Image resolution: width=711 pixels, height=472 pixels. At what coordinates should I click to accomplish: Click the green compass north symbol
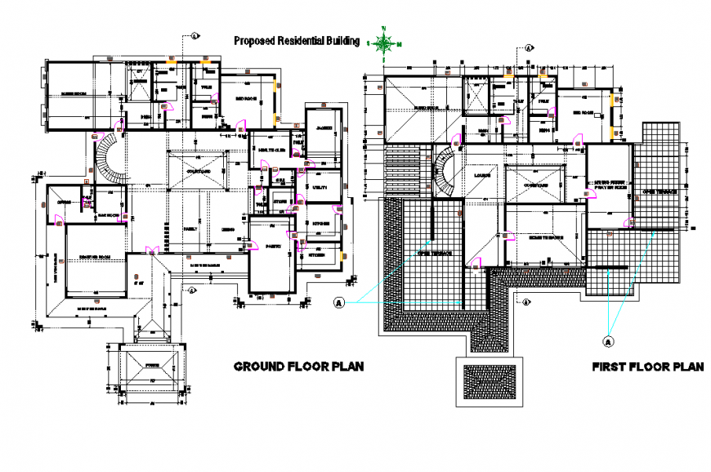click(384, 43)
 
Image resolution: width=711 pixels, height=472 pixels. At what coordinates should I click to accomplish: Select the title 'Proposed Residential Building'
click(297, 41)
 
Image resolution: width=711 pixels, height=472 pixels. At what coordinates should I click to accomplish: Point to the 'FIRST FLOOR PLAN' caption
click(647, 367)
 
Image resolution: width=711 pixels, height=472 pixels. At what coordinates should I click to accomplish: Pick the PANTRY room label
click(272, 244)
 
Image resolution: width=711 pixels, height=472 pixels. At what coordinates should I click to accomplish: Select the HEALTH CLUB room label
click(271, 150)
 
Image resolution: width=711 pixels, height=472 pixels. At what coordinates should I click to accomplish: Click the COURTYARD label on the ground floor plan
click(196, 171)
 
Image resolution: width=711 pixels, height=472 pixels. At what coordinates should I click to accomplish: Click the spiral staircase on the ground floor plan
click(109, 159)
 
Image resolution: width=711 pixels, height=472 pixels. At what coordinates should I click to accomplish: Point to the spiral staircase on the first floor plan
click(445, 169)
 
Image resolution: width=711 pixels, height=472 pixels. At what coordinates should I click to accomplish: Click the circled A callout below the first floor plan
click(607, 340)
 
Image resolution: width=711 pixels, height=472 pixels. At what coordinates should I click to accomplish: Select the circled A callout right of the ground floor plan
click(337, 303)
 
